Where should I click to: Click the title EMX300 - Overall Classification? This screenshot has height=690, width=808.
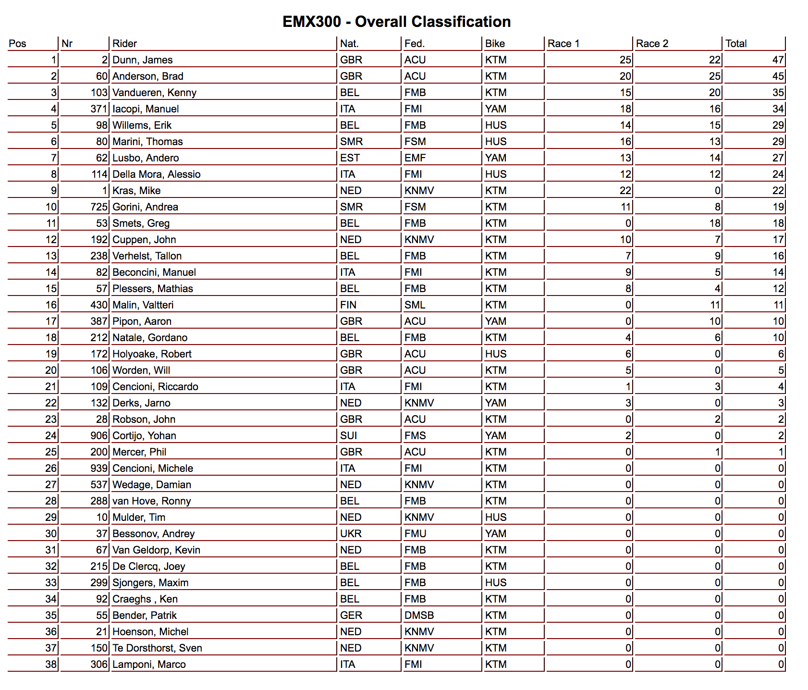point(396,22)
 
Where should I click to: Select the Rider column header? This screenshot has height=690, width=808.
point(124,44)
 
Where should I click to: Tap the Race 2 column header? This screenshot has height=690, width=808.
point(652,44)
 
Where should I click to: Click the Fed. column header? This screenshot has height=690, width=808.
point(414,44)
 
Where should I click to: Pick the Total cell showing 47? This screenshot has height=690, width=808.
point(778,60)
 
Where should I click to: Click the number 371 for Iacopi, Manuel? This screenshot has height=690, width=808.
point(98,109)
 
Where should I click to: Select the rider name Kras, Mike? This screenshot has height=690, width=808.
point(136,191)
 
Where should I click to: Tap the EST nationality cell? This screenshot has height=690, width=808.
point(350,158)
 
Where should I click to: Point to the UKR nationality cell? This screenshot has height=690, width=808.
point(351,534)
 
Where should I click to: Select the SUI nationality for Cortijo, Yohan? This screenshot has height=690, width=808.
point(348,436)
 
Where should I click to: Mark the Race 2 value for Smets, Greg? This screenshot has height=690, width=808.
point(715,223)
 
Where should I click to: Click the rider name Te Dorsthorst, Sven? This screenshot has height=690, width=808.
point(157,648)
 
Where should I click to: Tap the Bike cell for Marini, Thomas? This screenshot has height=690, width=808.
point(496,142)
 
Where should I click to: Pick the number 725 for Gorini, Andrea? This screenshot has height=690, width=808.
point(98,207)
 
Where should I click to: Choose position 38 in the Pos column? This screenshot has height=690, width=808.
point(51,665)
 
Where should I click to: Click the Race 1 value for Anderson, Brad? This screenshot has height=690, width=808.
point(625,76)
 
